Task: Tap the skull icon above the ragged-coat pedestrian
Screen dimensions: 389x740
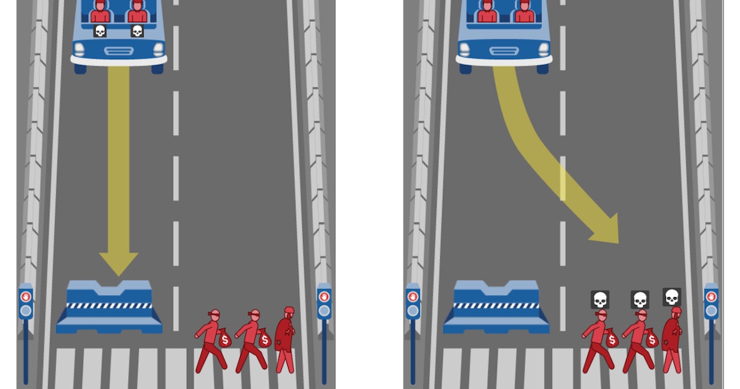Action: tap(672, 296)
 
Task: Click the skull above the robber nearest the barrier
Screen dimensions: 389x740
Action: tap(599, 299)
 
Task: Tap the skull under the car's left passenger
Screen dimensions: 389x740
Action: tap(99, 31)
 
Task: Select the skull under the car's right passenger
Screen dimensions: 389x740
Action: tap(137, 31)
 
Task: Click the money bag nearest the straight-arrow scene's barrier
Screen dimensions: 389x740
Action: tap(224, 339)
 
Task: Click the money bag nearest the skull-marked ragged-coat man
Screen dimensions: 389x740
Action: tap(651, 339)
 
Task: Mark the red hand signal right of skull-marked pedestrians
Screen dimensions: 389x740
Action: tap(712, 296)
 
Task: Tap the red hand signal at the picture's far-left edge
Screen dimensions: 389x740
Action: tap(25, 296)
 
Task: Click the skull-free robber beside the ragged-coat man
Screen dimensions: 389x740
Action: tap(251, 340)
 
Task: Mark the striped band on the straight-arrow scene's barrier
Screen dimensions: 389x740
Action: tap(109, 306)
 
